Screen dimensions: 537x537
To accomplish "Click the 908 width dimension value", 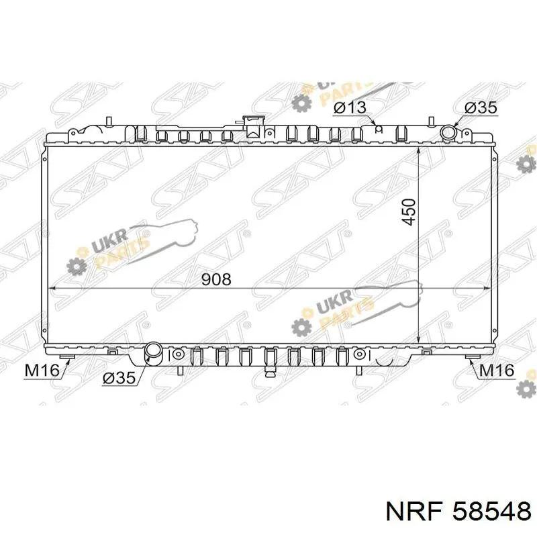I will (x=216, y=279).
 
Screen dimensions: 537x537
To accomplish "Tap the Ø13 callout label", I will (x=350, y=107).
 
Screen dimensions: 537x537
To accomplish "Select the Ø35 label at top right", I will (x=481, y=107).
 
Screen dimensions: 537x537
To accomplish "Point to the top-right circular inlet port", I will (x=448, y=132).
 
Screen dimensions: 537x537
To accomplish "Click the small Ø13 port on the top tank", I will (x=378, y=128).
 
